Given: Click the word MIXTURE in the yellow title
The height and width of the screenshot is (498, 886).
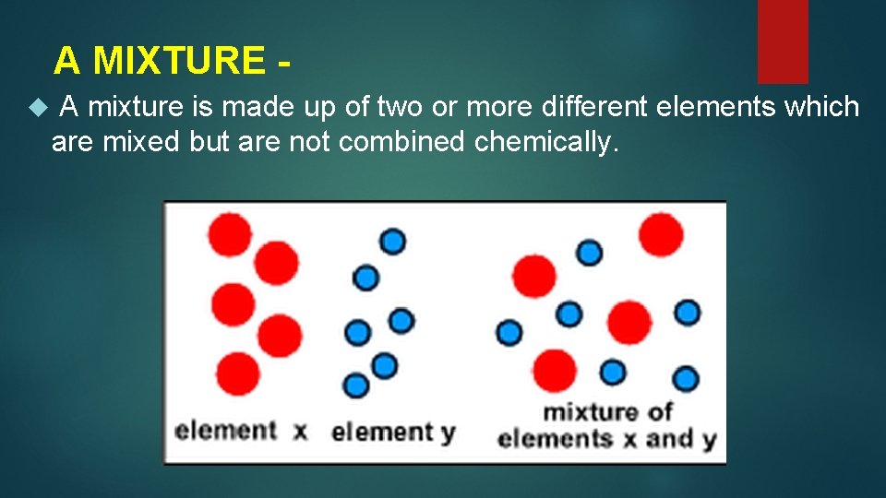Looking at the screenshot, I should point(179,61).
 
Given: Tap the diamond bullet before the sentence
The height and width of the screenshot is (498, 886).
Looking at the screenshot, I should point(37,109).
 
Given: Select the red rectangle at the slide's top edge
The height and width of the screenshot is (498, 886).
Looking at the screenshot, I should point(783,41).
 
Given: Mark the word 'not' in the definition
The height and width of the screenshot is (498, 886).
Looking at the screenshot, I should point(312,142).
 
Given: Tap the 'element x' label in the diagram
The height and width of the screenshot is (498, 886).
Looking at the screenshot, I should point(240,431).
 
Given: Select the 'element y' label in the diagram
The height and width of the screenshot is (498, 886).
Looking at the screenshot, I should point(393,432).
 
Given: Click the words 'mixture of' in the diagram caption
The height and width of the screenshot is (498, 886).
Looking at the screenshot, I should point(607,411).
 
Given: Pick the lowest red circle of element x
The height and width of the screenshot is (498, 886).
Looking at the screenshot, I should point(240,373).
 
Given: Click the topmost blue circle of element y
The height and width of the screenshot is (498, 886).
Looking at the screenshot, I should point(392,241).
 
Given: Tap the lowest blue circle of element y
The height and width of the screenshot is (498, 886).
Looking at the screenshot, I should point(356,385).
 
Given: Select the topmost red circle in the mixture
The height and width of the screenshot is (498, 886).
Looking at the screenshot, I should point(661,234).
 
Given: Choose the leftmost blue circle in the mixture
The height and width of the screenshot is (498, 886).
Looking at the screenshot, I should point(509,332).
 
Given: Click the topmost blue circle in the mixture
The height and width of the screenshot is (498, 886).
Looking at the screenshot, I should point(589,252).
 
